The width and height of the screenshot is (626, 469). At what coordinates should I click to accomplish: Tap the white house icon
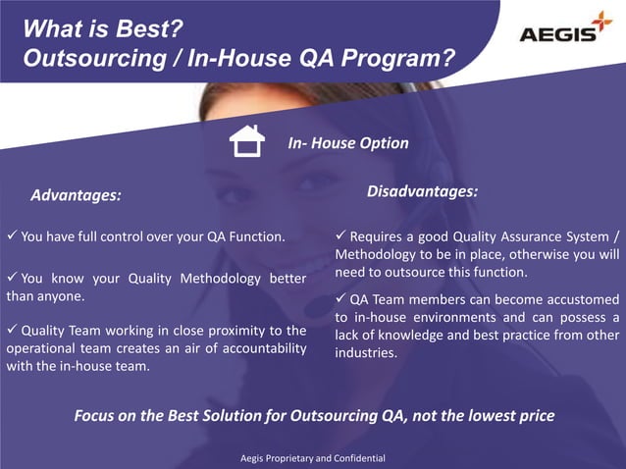[246, 141]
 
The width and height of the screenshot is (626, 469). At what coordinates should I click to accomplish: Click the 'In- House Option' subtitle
[347, 143]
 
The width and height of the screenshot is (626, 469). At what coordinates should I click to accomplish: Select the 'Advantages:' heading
[76, 195]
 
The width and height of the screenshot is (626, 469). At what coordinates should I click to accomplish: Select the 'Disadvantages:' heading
[422, 190]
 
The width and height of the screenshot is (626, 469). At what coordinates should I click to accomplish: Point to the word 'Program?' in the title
[403, 59]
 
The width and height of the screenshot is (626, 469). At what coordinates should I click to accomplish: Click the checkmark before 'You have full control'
[12, 236]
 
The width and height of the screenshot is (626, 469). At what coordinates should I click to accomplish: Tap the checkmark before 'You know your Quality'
[12, 278]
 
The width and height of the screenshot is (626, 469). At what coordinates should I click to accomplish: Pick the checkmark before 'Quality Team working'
[12, 330]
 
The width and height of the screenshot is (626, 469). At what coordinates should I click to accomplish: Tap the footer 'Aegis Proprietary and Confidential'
[313, 458]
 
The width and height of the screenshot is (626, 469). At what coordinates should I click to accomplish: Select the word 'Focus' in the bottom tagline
[98, 415]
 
